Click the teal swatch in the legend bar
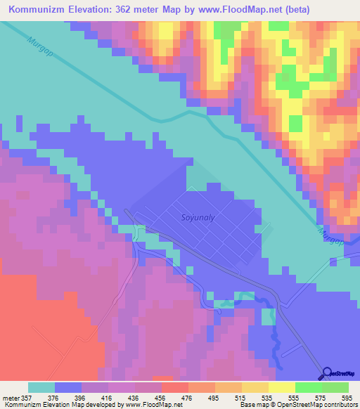pos(41,387)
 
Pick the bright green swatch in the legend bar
pos(308,387)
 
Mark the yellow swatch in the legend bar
pos(281,387)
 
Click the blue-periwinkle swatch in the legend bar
pos(68,387)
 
